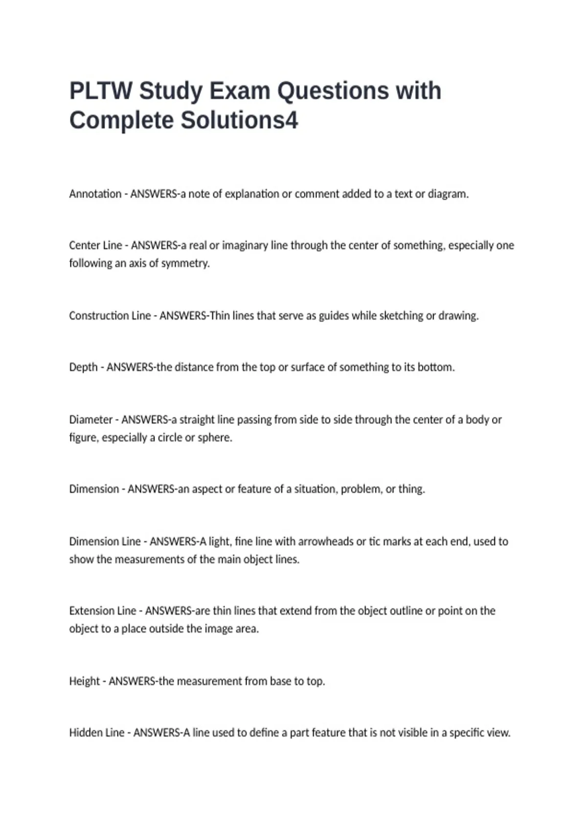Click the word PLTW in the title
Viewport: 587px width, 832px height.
(101, 91)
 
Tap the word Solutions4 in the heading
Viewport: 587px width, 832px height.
(239, 120)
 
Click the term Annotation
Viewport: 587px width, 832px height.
(95, 194)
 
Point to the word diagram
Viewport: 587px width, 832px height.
(448, 194)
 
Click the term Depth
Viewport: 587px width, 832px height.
(83, 367)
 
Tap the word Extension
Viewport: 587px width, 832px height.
(89, 611)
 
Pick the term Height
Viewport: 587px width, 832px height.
(84, 681)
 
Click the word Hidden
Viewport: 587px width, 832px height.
(86, 733)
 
